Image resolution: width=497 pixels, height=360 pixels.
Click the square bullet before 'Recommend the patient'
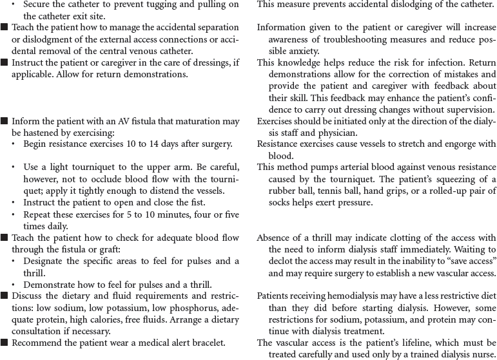click(x=5, y=343)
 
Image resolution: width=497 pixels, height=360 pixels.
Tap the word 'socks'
click(x=282, y=202)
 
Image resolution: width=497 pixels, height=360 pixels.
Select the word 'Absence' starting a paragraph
click(x=274, y=238)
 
